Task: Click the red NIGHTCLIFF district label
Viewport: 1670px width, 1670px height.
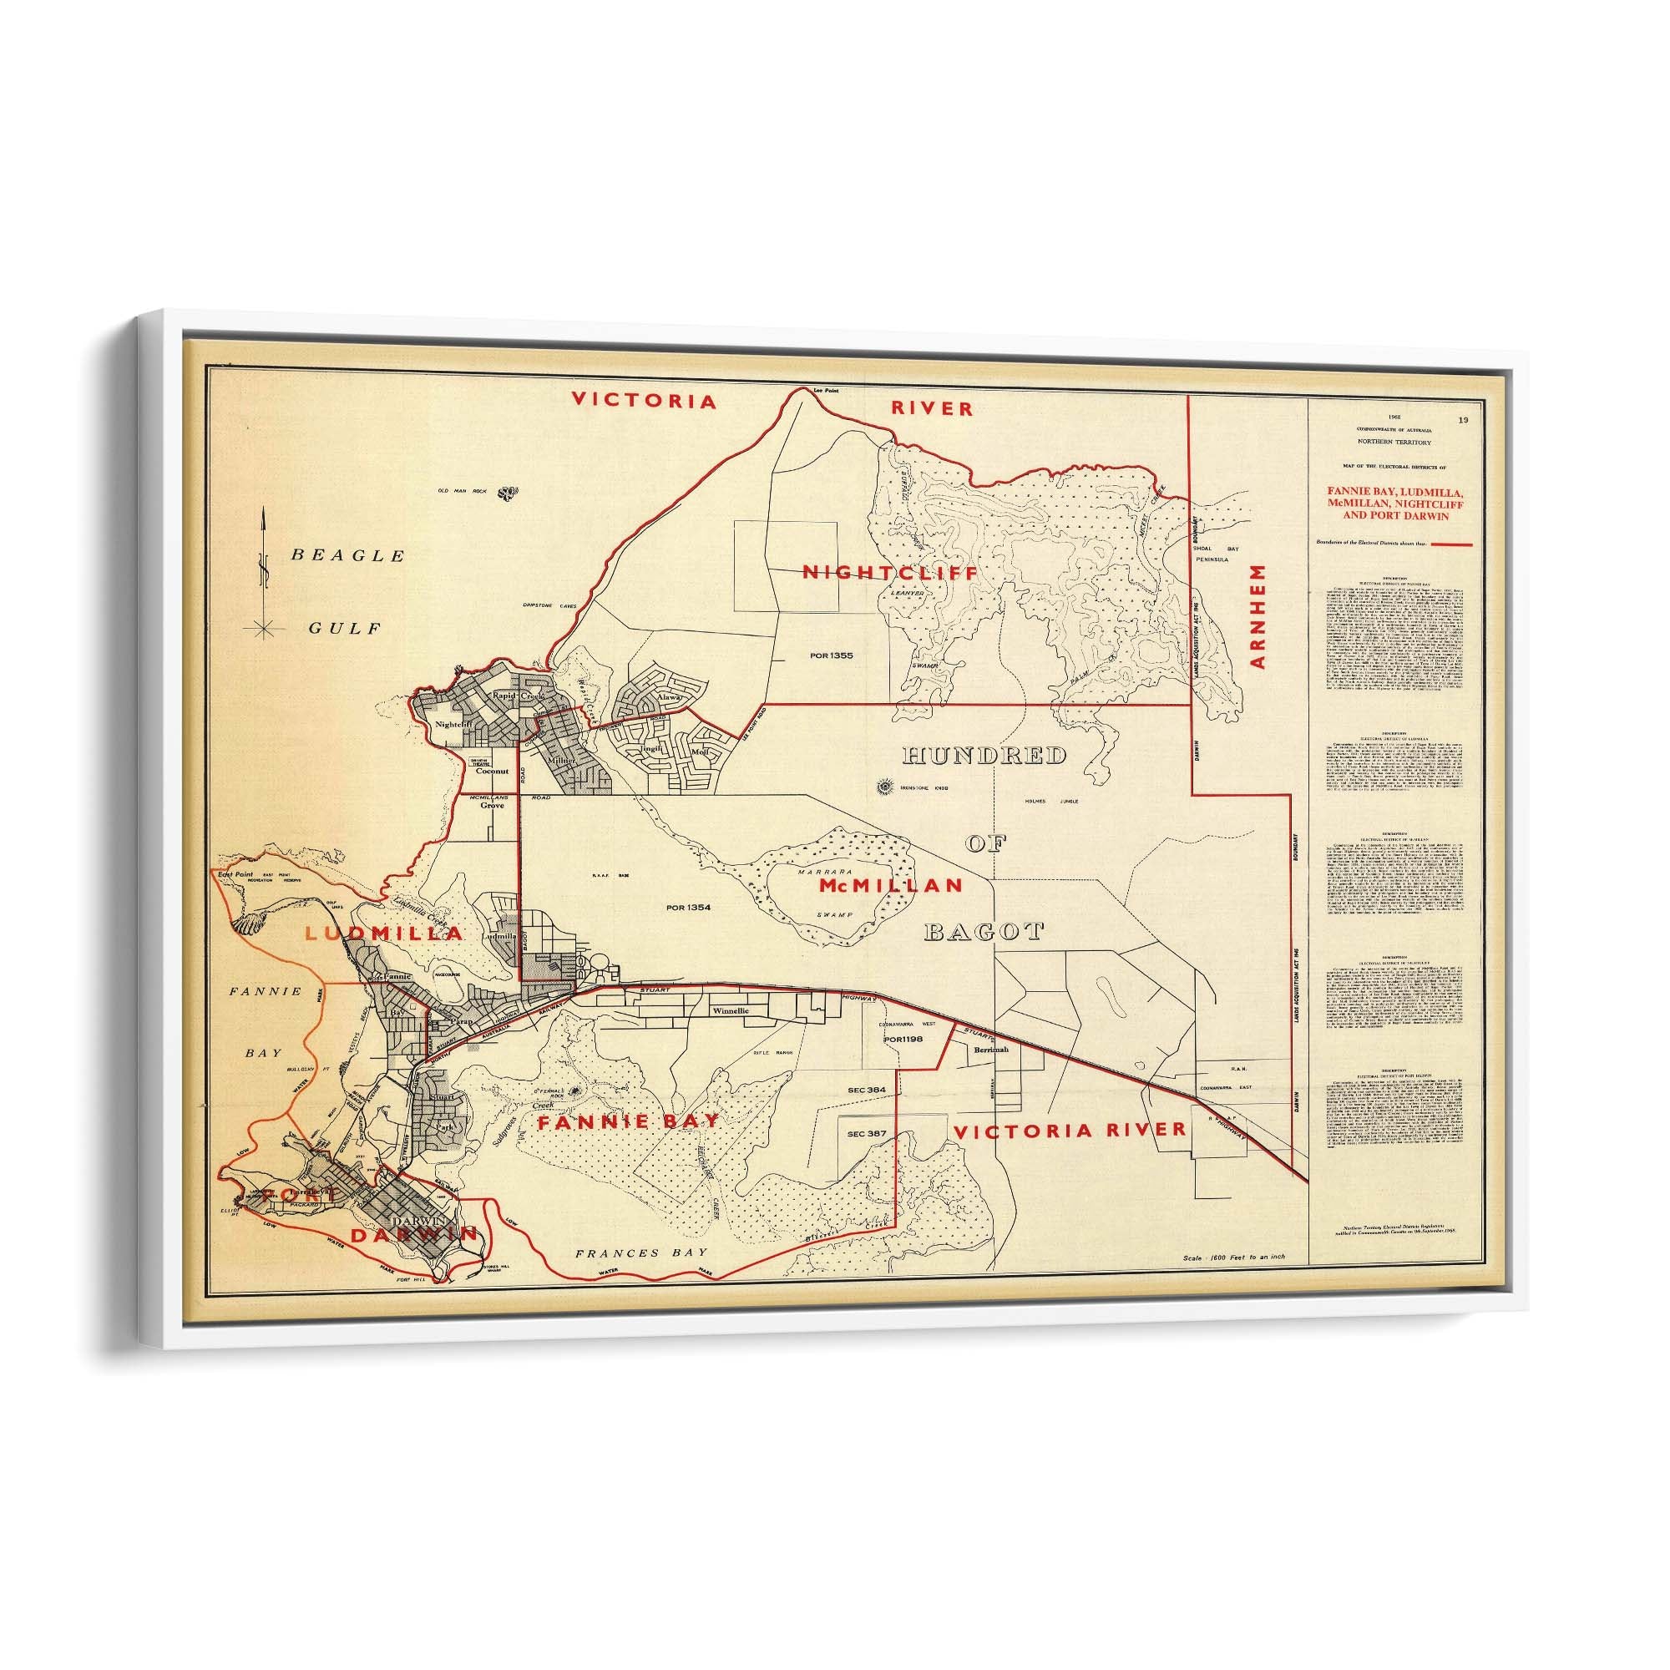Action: click(x=890, y=572)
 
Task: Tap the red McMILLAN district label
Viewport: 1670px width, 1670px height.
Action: click(x=890, y=885)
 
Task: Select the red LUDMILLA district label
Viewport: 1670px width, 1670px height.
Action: click(x=385, y=934)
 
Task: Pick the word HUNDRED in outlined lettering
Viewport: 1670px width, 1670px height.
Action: click(x=984, y=756)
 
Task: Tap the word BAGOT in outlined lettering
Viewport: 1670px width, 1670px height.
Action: click(x=984, y=931)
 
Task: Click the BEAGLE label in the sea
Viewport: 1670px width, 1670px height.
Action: click(x=347, y=556)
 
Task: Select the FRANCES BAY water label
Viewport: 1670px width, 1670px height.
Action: click(x=641, y=1252)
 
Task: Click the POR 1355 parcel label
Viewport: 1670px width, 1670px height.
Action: click(x=832, y=655)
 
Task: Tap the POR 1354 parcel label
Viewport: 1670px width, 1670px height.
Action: click(x=689, y=908)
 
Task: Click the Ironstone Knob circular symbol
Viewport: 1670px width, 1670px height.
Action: click(x=883, y=787)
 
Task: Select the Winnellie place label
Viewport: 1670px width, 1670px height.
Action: click(x=732, y=1010)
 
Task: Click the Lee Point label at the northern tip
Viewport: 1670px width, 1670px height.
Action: click(x=827, y=391)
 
